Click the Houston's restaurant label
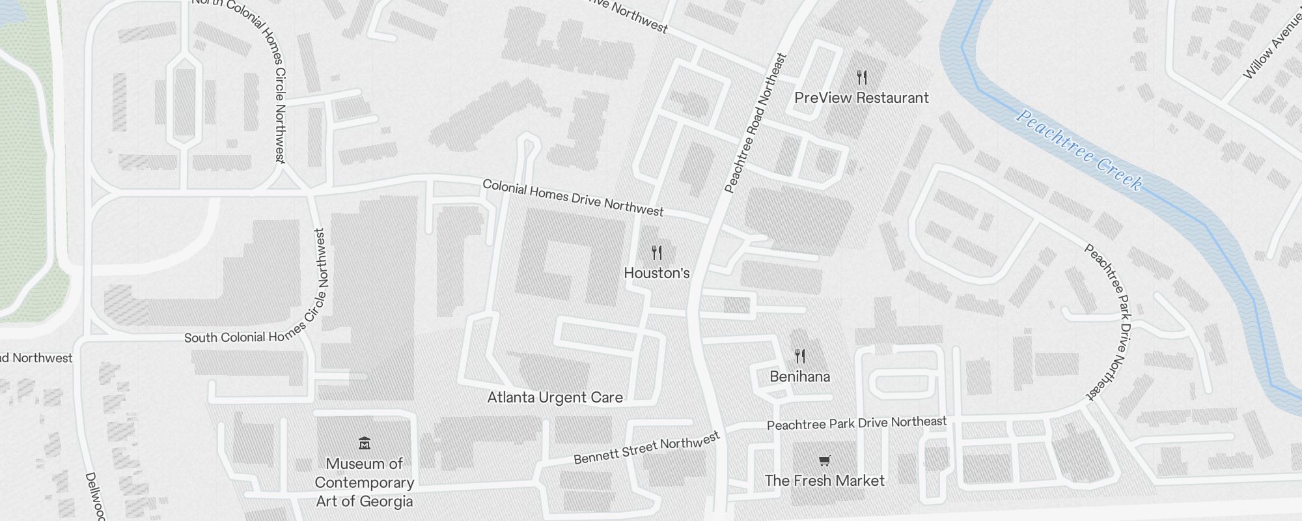pyautogui.click(x=656, y=273)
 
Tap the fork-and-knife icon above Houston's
pyautogui.click(x=657, y=253)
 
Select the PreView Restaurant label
pyautogui.click(x=861, y=98)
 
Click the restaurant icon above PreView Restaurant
pyautogui.click(x=862, y=78)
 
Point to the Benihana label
pyautogui.click(x=799, y=376)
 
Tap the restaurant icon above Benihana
pyautogui.click(x=800, y=356)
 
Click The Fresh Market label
pyautogui.click(x=824, y=481)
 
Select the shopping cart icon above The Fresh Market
pyautogui.click(x=824, y=461)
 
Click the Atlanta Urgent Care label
pyautogui.click(x=555, y=397)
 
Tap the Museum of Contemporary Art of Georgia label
pyautogui.click(x=364, y=483)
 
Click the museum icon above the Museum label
pyautogui.click(x=365, y=444)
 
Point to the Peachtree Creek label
pyautogui.click(x=1079, y=150)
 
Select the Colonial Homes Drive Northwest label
pyautogui.click(x=573, y=197)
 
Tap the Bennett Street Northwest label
pyautogui.click(x=646, y=449)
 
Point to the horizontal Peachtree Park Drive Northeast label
pyautogui.click(x=856, y=423)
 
